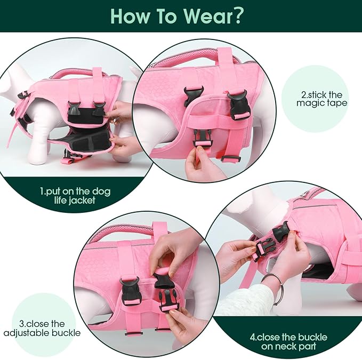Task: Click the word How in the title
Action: click(x=130, y=16)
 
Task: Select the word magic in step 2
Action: click(x=309, y=103)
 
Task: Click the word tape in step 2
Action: click(x=336, y=103)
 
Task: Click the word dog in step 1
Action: click(x=101, y=191)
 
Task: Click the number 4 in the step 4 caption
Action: click(x=253, y=338)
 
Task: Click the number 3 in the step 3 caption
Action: click(x=21, y=324)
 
